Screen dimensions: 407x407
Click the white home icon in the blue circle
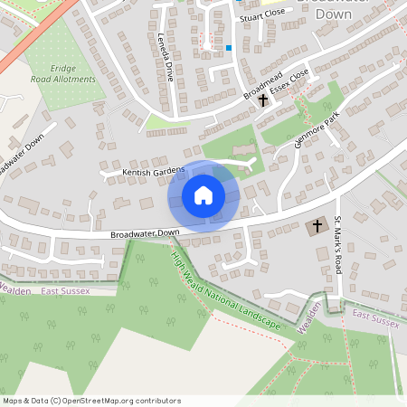[x=203, y=194]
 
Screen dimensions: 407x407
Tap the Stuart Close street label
[x=263, y=15]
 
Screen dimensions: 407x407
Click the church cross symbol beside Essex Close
[x=264, y=100]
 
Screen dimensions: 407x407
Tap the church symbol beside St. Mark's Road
[x=317, y=225]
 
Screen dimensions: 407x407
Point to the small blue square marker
[x=230, y=48]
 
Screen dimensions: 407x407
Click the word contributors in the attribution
[x=159, y=400]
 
